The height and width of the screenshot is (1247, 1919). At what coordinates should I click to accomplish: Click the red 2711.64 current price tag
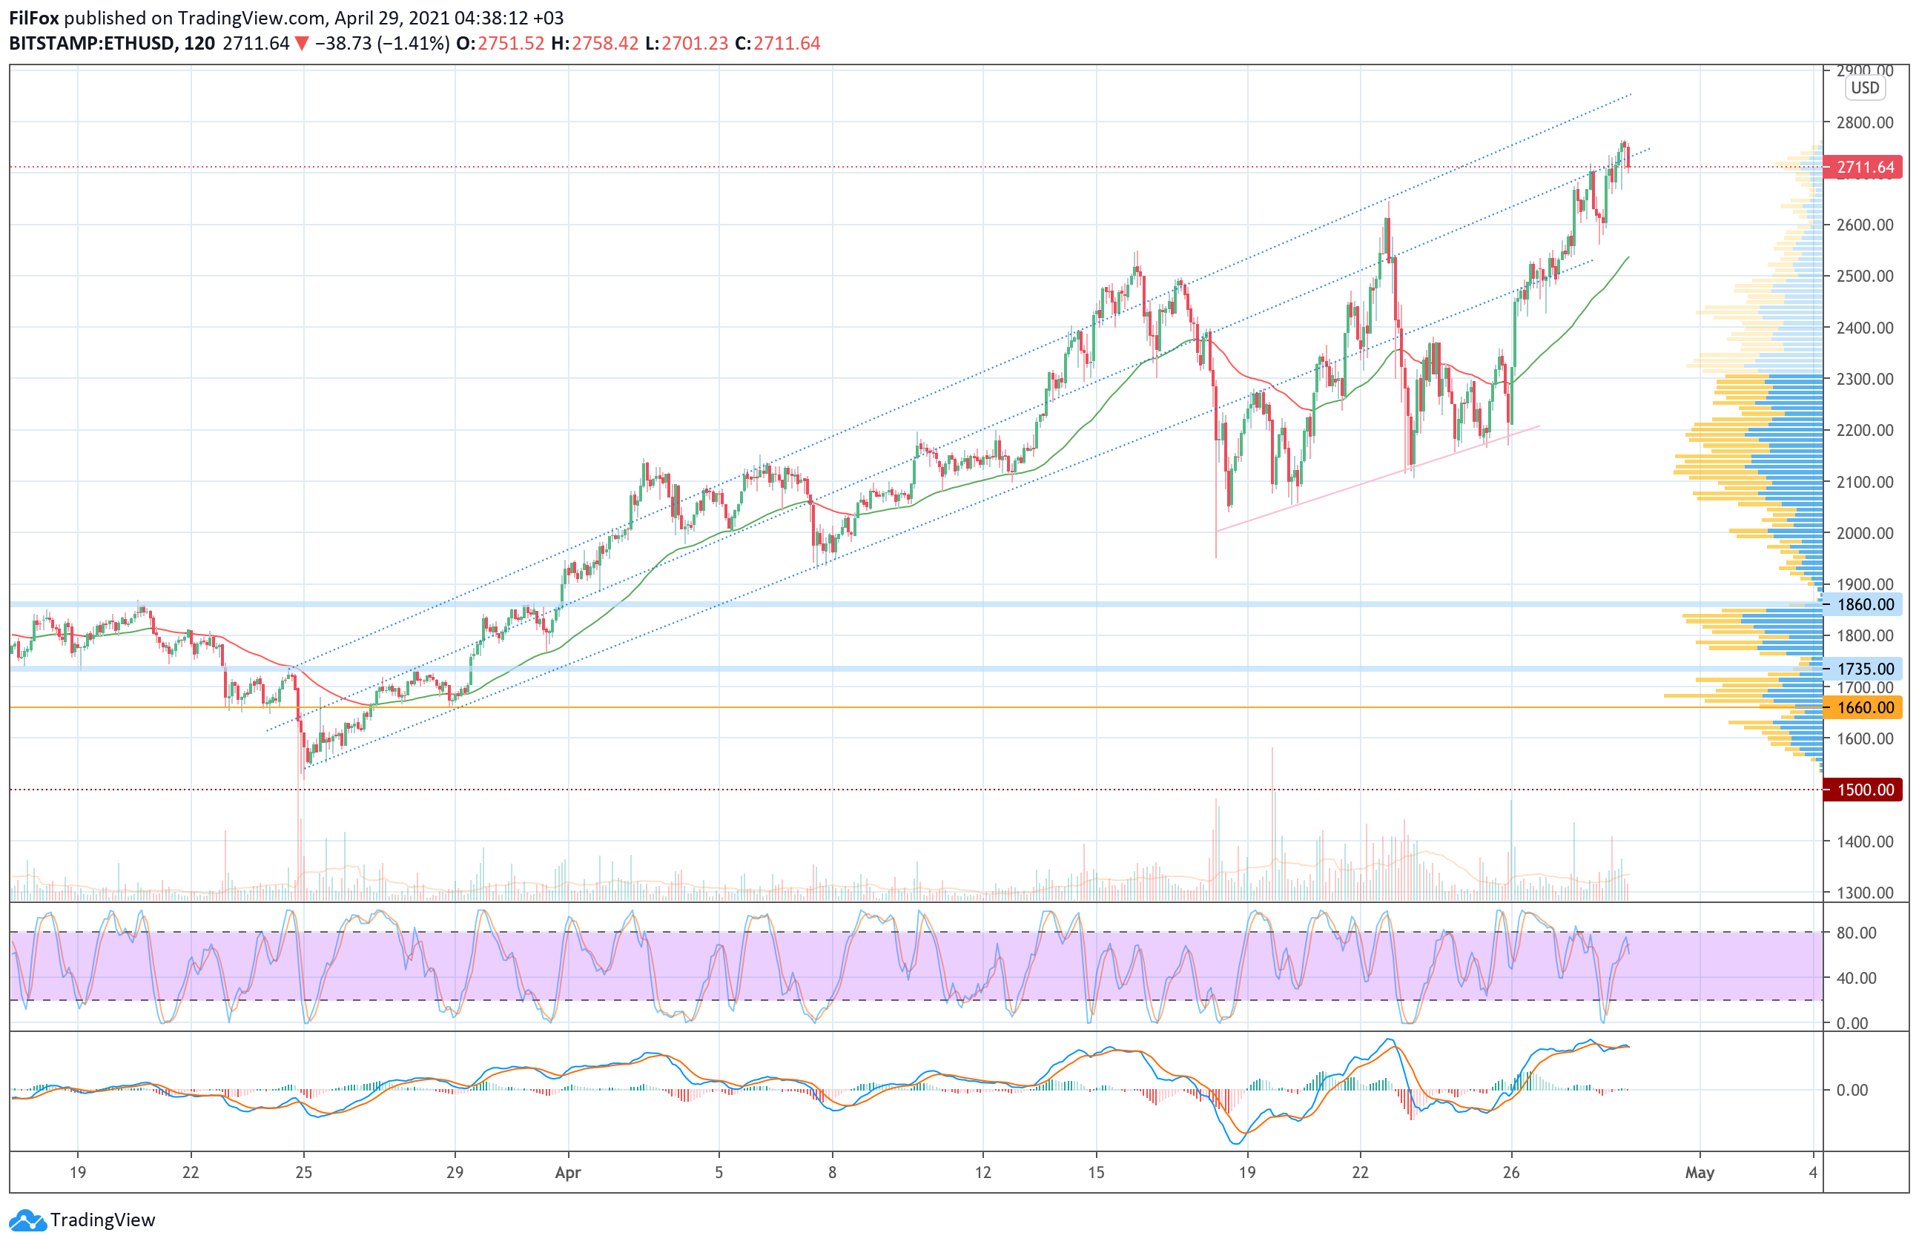pos(1864,168)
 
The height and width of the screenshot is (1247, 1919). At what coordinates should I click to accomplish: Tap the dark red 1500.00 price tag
pos(1864,790)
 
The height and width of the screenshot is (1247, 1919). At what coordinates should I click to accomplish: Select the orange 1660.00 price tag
pos(1864,708)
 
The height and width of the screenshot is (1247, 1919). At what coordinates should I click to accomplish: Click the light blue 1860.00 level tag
pos(1864,604)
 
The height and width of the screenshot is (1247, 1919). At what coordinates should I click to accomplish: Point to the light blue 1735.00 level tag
pos(1864,669)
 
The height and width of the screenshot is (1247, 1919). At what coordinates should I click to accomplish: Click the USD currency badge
pos(1864,88)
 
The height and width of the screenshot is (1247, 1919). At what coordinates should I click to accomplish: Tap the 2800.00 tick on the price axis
pos(1864,122)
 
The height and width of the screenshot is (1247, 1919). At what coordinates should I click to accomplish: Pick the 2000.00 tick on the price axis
pos(1864,533)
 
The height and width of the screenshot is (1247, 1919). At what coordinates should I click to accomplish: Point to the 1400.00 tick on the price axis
pos(1864,841)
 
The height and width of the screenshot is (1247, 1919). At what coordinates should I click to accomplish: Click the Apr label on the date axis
pos(568,1173)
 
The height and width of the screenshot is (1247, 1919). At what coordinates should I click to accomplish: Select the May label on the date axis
pos(1699,1173)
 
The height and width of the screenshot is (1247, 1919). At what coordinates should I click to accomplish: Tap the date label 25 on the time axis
pos(303,1173)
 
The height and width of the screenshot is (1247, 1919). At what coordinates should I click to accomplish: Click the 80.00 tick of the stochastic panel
pos(1856,933)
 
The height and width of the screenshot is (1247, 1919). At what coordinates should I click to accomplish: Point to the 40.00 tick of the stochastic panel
pos(1856,978)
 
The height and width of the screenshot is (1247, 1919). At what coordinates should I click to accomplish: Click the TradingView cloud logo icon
pos(28,1220)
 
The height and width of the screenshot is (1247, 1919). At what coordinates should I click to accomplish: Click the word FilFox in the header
pos(34,18)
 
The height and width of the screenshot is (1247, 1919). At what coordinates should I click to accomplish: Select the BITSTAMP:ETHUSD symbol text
pos(91,44)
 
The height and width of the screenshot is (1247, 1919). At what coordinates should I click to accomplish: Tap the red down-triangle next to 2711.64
pos(302,44)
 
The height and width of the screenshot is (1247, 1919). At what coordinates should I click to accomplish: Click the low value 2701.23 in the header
pos(694,44)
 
